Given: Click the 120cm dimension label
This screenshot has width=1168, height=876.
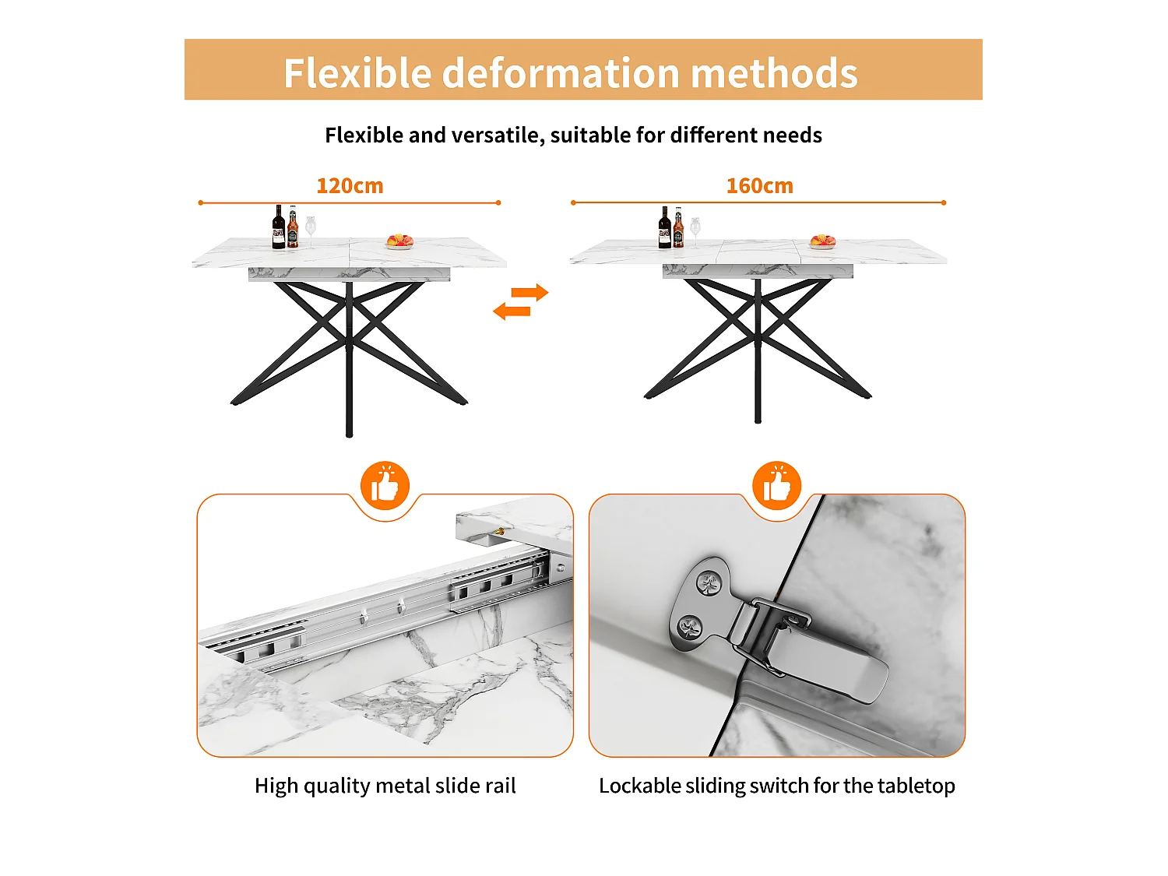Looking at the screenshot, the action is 350,185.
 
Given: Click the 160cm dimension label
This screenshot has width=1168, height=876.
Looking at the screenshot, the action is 759,185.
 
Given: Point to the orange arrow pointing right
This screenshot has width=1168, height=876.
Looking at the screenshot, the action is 529,293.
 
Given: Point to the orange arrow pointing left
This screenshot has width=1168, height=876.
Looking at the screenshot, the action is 512,311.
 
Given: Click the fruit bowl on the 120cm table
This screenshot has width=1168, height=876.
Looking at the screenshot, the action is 399,241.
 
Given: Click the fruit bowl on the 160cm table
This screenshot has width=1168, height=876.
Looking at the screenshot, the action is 822,241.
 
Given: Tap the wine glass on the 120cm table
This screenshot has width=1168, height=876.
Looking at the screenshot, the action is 311,230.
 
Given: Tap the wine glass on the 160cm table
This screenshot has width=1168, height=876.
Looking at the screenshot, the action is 695,232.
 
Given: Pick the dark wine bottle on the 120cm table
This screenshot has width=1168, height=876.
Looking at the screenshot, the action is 278,227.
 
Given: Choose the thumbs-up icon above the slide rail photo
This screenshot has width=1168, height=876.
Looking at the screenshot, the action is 385,485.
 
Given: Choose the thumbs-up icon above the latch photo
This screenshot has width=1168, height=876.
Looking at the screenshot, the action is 776,485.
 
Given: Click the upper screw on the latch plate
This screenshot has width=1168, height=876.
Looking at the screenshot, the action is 709,585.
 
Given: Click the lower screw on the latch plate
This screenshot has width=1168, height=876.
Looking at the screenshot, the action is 691,627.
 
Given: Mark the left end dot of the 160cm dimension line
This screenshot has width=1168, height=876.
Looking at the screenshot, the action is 573,202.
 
